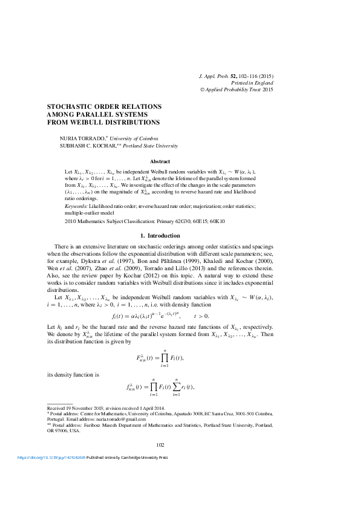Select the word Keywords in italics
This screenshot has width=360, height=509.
point(76,206)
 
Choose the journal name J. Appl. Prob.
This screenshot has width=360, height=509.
point(216,77)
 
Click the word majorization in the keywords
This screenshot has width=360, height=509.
point(210,206)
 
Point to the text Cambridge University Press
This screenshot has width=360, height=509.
point(136,458)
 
